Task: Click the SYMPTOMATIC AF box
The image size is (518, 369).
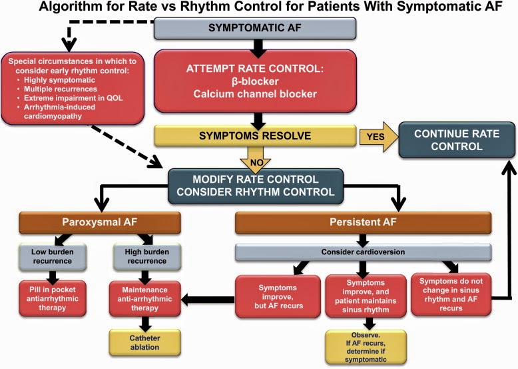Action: click(x=255, y=29)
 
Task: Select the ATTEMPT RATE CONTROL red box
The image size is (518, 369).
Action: click(x=255, y=81)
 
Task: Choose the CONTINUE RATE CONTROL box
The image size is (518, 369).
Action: click(x=457, y=140)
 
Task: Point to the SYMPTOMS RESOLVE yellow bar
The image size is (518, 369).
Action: click(x=255, y=135)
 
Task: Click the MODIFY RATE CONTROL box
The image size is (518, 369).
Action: click(x=256, y=186)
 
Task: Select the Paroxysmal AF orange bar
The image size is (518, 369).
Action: click(x=100, y=222)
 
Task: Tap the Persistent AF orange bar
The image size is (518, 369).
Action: click(x=363, y=222)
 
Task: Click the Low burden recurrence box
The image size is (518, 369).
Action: click(x=53, y=256)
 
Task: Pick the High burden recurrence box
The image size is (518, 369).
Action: click(x=147, y=256)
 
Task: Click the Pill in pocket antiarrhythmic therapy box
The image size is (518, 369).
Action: click(x=53, y=298)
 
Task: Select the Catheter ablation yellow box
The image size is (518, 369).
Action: click(x=144, y=342)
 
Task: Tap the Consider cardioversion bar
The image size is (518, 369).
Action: click(x=363, y=252)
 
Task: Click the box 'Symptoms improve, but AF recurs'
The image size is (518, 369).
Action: click(x=278, y=296)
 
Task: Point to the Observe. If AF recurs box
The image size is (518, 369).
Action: click(x=366, y=347)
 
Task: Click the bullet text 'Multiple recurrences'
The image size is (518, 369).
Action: click(x=61, y=89)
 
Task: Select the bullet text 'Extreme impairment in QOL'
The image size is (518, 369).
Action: click(x=73, y=98)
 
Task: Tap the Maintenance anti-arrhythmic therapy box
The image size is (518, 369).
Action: click(x=144, y=299)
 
